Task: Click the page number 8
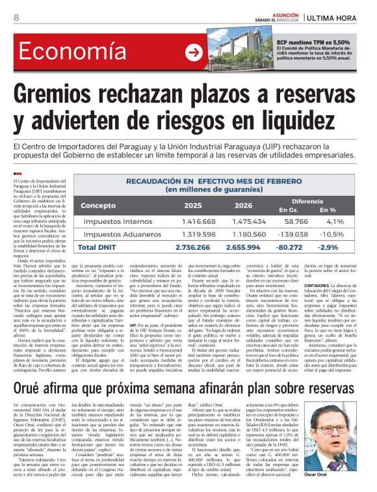point(16,18)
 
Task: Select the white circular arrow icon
point(194,53)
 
